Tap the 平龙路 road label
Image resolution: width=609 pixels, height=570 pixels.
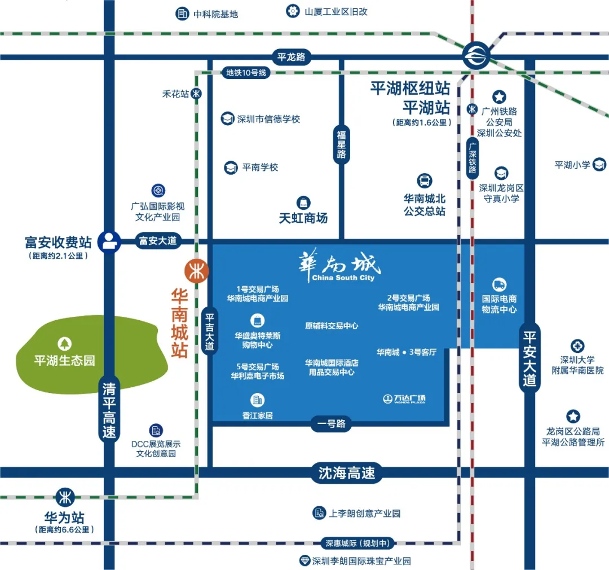(291, 57)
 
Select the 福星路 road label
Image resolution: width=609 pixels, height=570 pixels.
(341, 145)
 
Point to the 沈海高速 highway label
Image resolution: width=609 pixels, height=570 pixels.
(346, 472)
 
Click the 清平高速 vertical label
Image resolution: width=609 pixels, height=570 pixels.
(109, 410)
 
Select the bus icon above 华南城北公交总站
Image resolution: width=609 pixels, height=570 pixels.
(425, 181)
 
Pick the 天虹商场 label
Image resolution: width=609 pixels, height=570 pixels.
(303, 218)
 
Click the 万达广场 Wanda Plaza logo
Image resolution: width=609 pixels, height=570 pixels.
(404, 399)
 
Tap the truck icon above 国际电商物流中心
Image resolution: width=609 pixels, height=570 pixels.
(499, 285)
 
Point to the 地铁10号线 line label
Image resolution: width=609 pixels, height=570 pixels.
(245, 73)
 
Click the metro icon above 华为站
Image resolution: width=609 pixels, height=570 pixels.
(65, 497)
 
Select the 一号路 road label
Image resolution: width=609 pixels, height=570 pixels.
(332, 424)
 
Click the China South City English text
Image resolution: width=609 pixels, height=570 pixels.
(343, 278)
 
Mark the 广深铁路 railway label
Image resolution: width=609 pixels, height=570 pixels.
(473, 158)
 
